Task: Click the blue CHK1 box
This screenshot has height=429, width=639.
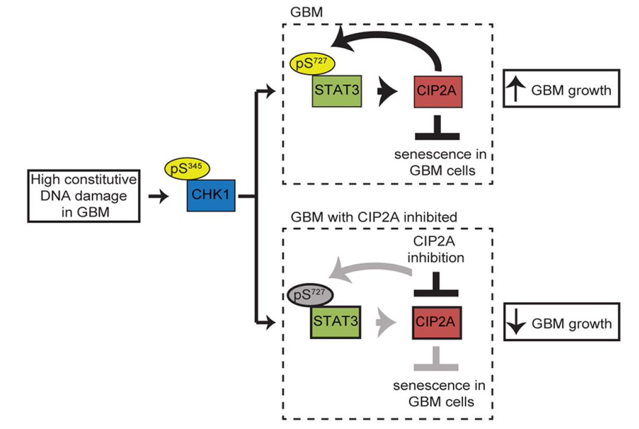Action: (211, 196)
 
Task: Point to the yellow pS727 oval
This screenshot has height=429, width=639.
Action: (312, 66)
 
